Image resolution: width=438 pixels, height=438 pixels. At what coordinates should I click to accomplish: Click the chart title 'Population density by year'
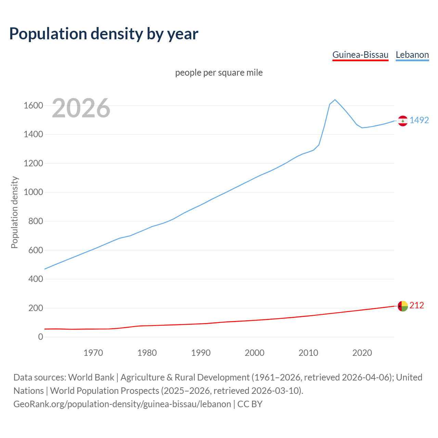(x=104, y=34)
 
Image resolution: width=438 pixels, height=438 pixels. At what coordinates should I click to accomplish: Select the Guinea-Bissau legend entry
(x=360, y=55)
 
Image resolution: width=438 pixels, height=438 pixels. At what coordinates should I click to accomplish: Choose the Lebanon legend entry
(x=412, y=55)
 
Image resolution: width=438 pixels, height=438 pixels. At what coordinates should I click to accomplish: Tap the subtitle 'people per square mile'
(x=219, y=73)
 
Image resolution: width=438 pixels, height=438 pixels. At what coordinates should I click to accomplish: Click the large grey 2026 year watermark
(x=81, y=108)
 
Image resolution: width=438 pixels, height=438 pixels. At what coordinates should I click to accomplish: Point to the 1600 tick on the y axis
(x=33, y=105)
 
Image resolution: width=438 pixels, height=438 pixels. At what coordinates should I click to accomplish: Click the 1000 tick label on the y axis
(x=33, y=192)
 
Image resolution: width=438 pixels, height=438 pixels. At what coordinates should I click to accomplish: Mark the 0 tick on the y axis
(x=41, y=337)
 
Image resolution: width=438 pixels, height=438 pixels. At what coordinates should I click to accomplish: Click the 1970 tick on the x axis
(x=93, y=353)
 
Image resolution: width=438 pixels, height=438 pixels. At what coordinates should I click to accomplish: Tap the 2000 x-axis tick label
(x=255, y=353)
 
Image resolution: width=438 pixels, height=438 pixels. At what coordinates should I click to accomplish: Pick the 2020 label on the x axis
(x=362, y=353)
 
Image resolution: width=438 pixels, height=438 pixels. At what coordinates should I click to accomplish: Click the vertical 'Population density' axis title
(x=14, y=212)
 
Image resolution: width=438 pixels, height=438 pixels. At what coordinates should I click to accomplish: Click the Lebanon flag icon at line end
(x=403, y=121)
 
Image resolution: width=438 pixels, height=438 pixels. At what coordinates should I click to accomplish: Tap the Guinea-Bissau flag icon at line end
(x=403, y=306)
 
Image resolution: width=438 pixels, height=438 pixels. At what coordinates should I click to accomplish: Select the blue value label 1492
(x=419, y=120)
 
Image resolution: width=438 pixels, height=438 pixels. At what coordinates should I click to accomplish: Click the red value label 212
(x=417, y=305)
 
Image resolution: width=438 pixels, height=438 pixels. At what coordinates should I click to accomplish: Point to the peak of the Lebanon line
(x=335, y=100)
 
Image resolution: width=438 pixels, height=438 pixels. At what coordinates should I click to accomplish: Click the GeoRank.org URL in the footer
(x=122, y=404)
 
